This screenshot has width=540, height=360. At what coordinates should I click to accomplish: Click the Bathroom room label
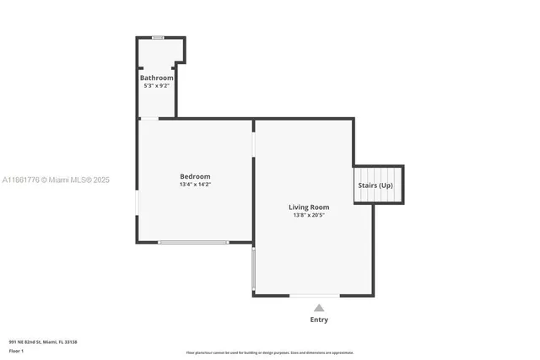[x=157, y=78]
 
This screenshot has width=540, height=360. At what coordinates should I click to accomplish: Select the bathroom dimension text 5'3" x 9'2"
[x=157, y=86]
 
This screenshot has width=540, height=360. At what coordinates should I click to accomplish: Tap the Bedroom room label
[x=195, y=176]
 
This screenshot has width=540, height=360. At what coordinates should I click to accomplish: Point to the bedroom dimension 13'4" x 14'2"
[x=195, y=185]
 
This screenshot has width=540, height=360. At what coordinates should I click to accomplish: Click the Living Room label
[x=309, y=207]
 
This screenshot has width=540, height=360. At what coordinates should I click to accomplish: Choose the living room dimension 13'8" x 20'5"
[x=309, y=215]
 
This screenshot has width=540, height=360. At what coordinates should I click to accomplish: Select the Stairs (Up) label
[x=375, y=185]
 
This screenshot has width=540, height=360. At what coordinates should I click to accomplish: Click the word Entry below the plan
[x=319, y=320]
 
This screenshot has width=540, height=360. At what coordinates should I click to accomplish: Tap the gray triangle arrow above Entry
[x=319, y=308]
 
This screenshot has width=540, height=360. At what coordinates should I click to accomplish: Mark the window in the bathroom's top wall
[x=158, y=37]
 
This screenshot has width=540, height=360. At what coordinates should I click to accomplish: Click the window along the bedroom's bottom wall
[x=193, y=243]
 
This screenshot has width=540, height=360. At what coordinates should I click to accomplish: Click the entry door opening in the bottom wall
[x=316, y=295]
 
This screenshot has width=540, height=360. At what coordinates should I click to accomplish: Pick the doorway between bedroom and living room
[x=253, y=144]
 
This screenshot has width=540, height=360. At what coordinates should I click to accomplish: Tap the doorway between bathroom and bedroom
[x=148, y=119]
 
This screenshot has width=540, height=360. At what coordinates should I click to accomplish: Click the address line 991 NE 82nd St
[x=43, y=341]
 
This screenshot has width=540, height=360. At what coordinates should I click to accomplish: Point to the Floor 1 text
[x=17, y=349]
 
